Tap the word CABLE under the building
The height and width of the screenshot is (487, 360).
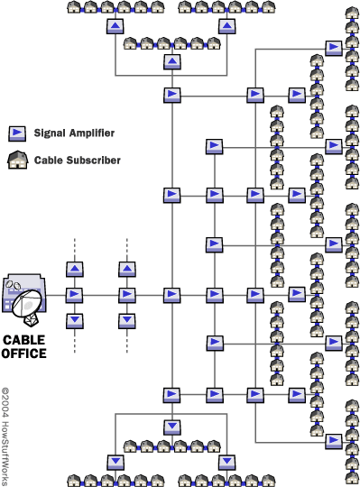pyautogui.click(x=24, y=340)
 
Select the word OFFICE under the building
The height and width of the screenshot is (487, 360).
pyautogui.click(x=24, y=354)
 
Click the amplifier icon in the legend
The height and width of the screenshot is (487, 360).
pyautogui.click(x=17, y=133)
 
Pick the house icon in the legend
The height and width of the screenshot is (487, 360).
pyautogui.click(x=18, y=160)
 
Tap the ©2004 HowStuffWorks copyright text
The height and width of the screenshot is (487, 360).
pyautogui.click(x=5, y=436)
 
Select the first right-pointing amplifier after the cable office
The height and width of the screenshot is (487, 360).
pyautogui.click(x=74, y=295)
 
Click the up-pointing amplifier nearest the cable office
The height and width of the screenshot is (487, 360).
pyautogui.click(x=75, y=269)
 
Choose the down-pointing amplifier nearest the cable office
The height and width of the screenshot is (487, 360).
pyautogui.click(x=75, y=321)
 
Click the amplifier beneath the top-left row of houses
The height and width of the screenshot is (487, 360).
pyautogui.click(x=115, y=26)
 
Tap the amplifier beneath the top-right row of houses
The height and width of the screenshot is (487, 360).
pyautogui.click(x=227, y=26)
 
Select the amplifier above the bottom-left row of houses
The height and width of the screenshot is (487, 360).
pyautogui.click(x=115, y=462)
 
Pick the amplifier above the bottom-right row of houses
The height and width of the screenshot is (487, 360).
pyautogui.click(x=227, y=462)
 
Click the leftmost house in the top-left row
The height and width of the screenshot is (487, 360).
pyautogui.click(x=74, y=7)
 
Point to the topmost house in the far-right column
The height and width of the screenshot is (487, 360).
pyautogui.click(x=352, y=13)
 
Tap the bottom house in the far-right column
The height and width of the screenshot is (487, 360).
pyautogui.click(x=352, y=479)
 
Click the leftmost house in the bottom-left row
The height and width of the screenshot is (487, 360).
pyautogui.click(x=74, y=480)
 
